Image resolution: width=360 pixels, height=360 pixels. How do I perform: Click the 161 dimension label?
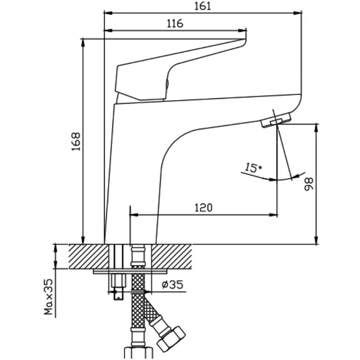click(202, 6)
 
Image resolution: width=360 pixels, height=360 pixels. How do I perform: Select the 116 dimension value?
click(175, 23)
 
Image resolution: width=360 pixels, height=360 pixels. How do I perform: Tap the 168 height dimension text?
click(76, 141)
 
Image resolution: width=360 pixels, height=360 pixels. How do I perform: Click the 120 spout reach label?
click(203, 208)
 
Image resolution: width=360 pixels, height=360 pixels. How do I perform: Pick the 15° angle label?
click(253, 167)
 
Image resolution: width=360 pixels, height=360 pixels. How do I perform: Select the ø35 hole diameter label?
click(172, 285)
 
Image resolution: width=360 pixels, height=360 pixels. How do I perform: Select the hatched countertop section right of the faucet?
click(173, 256)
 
